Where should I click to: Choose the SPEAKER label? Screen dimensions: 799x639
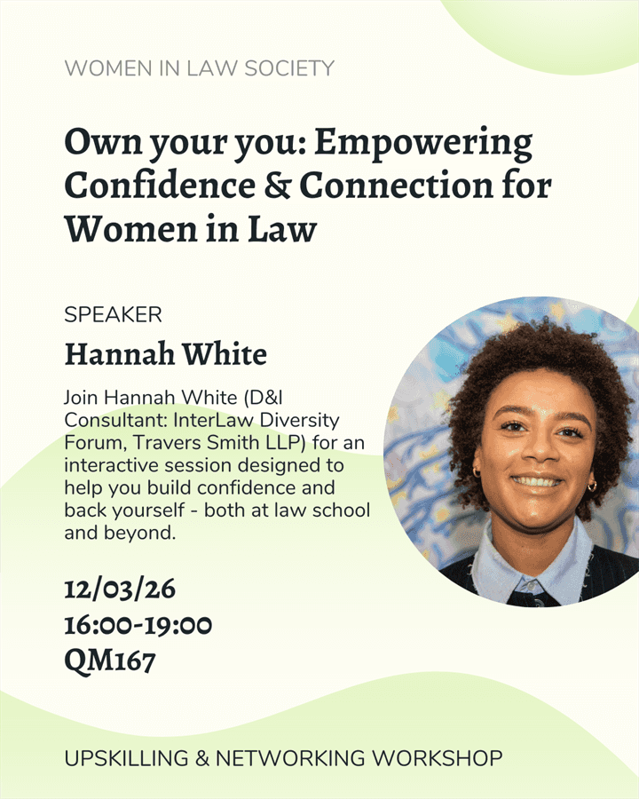113,314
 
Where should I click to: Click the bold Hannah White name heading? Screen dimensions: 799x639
165,355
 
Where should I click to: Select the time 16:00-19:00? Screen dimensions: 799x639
138,625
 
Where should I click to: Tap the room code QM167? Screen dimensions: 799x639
109,661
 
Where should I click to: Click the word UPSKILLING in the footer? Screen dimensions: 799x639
126,759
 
